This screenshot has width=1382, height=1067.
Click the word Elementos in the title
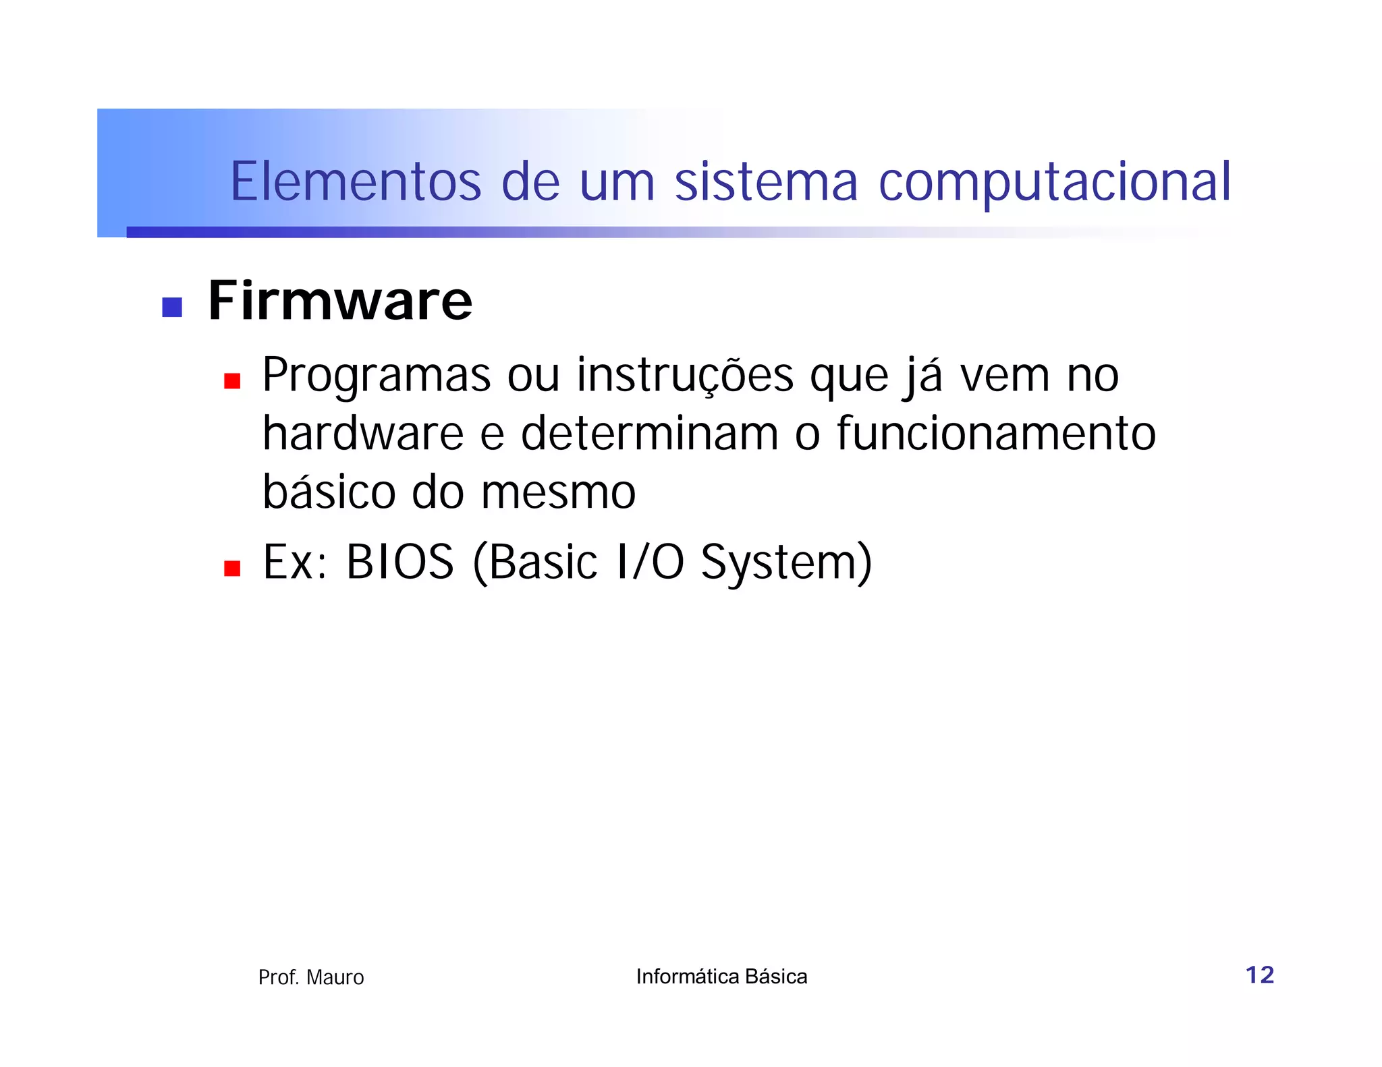[x=356, y=182]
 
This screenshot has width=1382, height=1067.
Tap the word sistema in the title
[x=766, y=182]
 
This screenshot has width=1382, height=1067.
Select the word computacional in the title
[x=1055, y=182]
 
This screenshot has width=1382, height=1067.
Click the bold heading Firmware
[x=340, y=301]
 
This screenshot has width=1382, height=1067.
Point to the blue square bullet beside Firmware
[x=172, y=308]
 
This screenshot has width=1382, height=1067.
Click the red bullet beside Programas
[x=232, y=382]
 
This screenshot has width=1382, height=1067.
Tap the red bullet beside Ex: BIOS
[x=232, y=569]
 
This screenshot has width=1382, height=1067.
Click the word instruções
[x=685, y=375]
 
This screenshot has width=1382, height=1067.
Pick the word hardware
[x=363, y=434]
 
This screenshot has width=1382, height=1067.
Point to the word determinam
[x=650, y=434]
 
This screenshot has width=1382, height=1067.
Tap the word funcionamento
[x=996, y=434]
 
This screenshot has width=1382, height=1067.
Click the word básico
[x=329, y=492]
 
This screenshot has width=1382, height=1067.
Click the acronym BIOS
[x=400, y=562]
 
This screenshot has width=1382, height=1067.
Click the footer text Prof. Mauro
[x=311, y=977]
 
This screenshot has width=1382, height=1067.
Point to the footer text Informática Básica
[x=721, y=977]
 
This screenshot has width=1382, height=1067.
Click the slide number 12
[x=1259, y=975]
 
